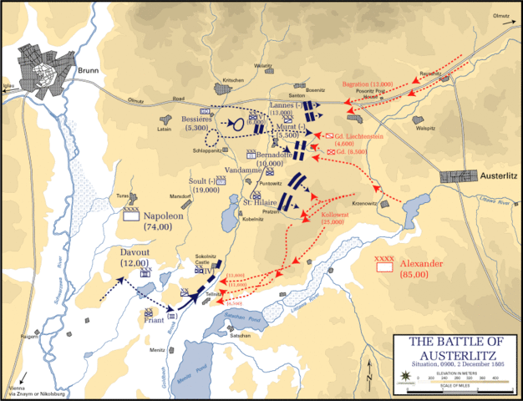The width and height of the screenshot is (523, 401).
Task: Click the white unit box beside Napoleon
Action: point(130,216)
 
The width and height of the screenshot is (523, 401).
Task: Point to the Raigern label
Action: point(31,338)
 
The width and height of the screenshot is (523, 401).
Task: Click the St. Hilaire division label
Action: point(261,203)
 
